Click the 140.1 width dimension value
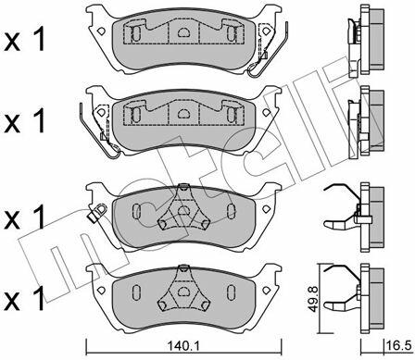tap(183, 346)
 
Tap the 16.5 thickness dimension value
tap(398, 345)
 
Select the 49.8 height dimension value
tap(314, 299)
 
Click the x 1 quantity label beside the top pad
tap(24, 39)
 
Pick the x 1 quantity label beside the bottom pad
tap(24, 299)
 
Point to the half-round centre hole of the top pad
tap(183, 31)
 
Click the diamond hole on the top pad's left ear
tap(101, 31)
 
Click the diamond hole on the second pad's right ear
tap(266, 112)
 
